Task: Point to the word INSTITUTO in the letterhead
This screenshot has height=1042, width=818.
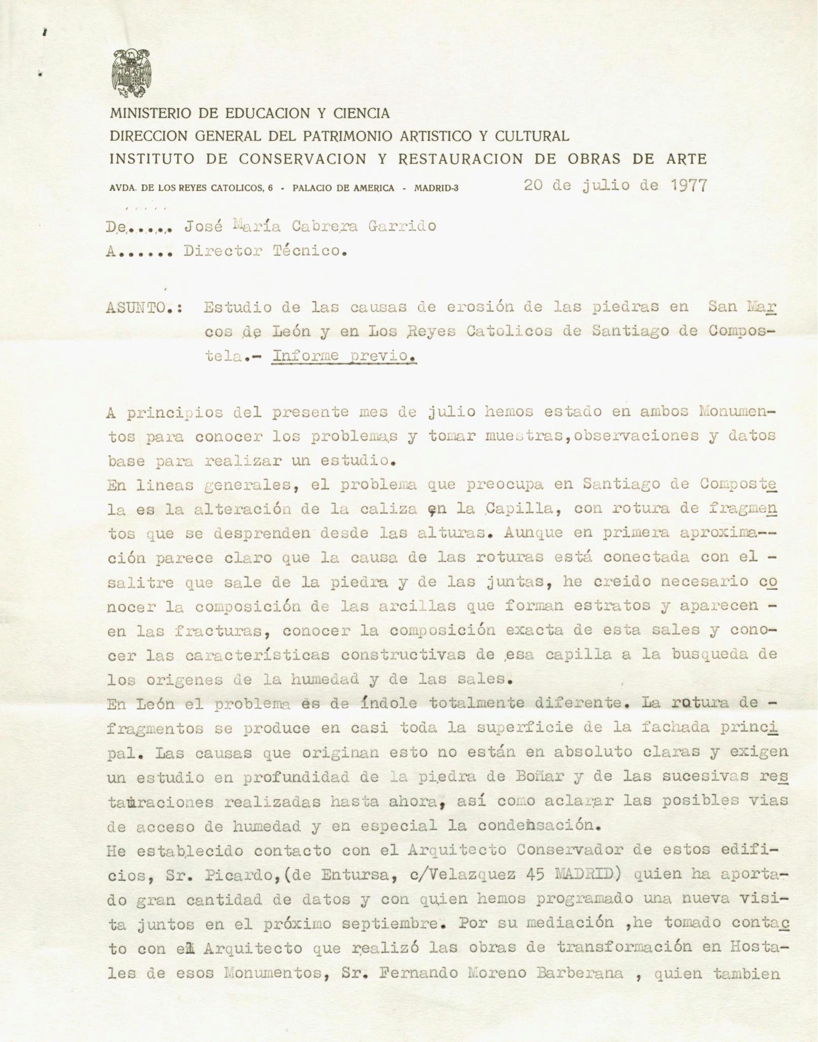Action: click(x=152, y=159)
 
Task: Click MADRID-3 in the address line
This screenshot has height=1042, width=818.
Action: click(x=436, y=188)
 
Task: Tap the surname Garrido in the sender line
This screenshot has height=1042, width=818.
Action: click(x=407, y=226)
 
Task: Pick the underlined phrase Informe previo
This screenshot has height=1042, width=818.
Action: click(x=345, y=356)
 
